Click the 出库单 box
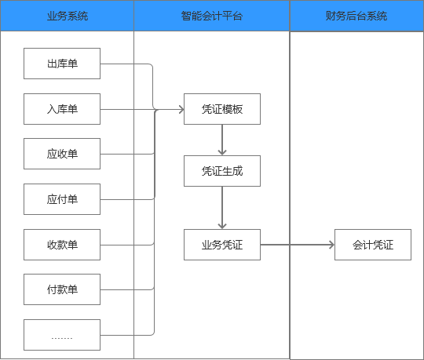tap(62, 64)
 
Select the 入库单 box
tap(62, 109)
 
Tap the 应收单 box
tap(62, 154)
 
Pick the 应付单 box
tap(62, 199)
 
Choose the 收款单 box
tap(62, 245)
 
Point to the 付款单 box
tap(62, 289)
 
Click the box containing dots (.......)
tap(62, 335)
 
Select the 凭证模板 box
tap(222, 109)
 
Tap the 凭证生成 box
tap(222, 170)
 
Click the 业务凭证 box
tap(222, 245)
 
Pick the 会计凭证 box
tap(374, 245)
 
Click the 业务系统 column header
tap(67, 16)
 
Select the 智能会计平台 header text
tap(211, 16)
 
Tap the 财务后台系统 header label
tap(356, 16)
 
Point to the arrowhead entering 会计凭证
tap(331, 245)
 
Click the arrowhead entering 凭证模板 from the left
tap(180, 109)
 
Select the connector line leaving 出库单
tap(126, 64)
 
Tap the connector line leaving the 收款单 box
tap(126, 245)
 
